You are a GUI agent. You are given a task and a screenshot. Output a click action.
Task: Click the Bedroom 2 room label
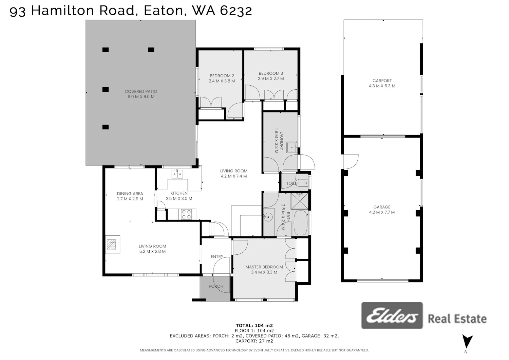tap(222, 76)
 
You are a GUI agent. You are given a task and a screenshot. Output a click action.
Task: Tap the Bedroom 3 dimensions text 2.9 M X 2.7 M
tap(271, 79)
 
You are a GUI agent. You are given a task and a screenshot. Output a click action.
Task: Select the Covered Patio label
tap(141, 91)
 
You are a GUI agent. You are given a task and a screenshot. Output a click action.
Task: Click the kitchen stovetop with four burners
tap(186, 214)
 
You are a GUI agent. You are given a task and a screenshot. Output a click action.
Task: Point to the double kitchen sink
tap(177, 174)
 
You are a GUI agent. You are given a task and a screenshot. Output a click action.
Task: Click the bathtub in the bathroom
tap(300, 223)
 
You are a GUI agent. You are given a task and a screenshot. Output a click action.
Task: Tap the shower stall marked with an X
tap(300, 201)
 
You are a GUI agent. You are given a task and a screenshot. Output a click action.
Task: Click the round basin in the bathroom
tap(268, 217)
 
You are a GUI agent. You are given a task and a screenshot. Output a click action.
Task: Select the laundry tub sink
tap(291, 147)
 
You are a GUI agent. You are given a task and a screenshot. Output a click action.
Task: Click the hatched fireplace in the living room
tap(111, 245)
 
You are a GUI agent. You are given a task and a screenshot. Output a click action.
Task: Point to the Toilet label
tap(293, 183)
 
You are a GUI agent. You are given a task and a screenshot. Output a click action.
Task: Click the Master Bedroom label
tap(264, 267)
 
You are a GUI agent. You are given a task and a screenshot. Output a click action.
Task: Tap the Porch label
tap(216, 286)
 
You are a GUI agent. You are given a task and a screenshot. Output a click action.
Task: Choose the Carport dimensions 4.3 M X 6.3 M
tap(382, 86)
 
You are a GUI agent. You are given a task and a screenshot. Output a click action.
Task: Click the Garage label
tap(382, 207)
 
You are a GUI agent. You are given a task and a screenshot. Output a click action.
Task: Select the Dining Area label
tap(130, 194)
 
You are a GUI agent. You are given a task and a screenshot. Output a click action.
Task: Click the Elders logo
tap(392, 316)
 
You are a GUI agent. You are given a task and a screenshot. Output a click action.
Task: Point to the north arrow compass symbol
tap(467, 341)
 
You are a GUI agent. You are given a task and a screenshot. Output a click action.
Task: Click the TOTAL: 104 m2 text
tap(254, 325)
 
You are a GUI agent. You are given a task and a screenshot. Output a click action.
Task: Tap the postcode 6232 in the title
tap(236, 11)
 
